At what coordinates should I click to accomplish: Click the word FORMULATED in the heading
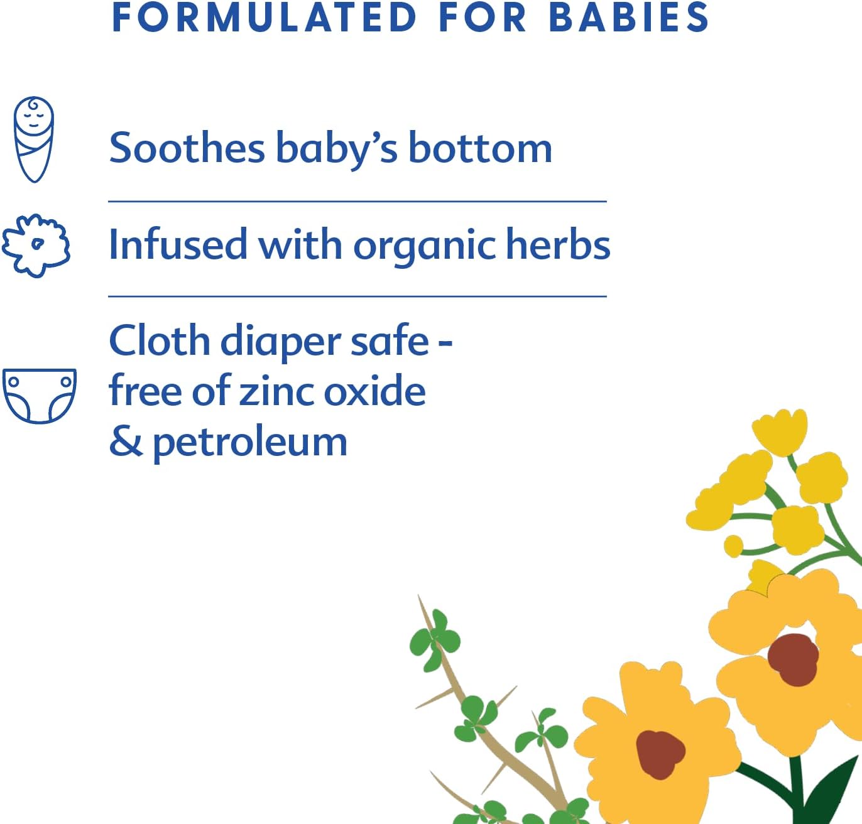(265, 18)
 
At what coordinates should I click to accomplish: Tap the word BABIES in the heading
(629, 18)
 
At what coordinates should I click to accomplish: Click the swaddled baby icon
(34, 139)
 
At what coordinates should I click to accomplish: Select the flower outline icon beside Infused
(35, 246)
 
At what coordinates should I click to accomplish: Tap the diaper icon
(40, 396)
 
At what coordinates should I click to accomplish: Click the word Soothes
(187, 148)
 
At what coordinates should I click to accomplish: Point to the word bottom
(480, 148)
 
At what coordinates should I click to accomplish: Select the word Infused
(178, 244)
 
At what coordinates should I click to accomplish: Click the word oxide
(374, 390)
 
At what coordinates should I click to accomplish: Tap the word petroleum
(250, 443)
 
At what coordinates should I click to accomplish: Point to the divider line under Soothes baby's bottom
(357, 202)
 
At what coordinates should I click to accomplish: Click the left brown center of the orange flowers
(660, 754)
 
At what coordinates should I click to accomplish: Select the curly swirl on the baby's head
(34, 106)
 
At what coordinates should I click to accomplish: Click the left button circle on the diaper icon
(14, 381)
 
